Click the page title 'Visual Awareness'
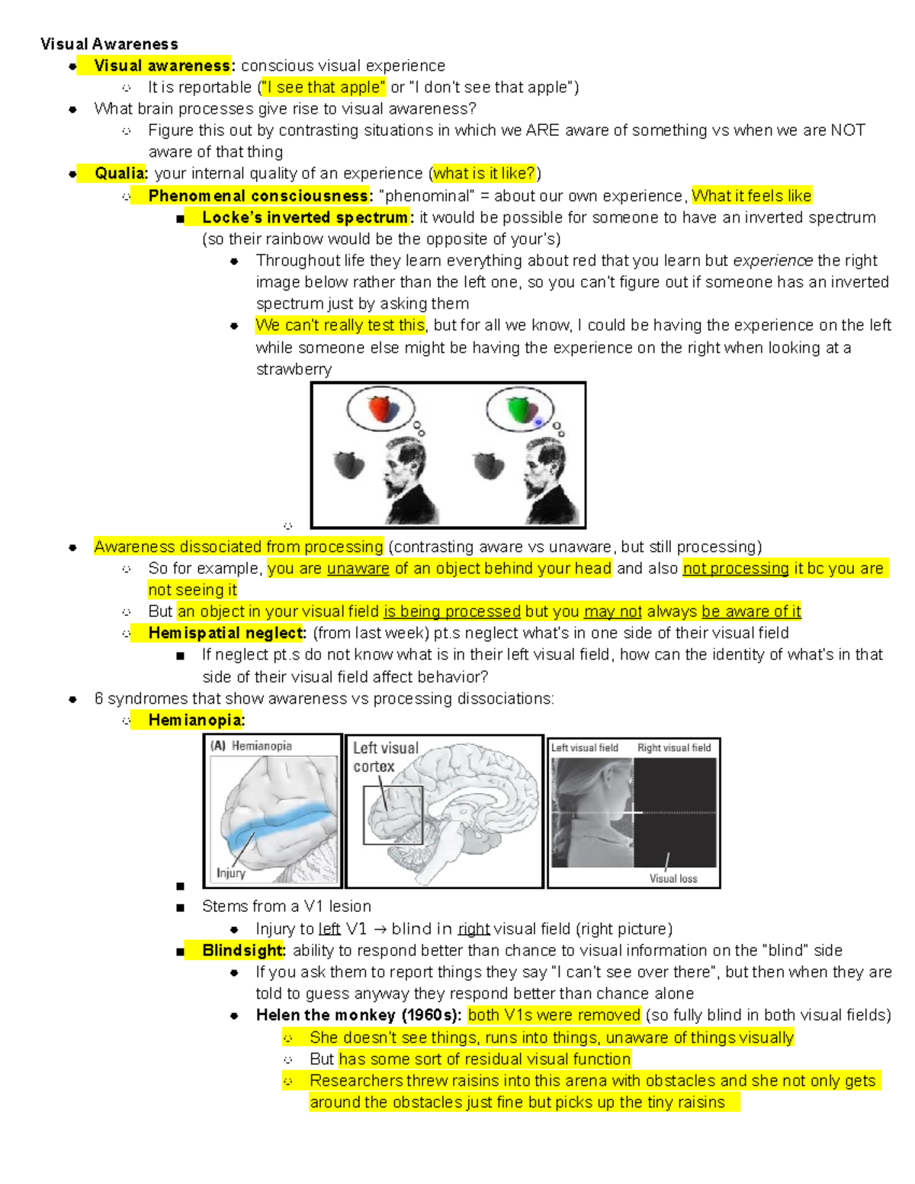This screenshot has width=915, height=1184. [109, 44]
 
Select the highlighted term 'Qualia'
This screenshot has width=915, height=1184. [120, 174]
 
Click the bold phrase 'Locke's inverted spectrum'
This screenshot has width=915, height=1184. [305, 217]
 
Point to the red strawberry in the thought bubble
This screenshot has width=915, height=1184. [380, 409]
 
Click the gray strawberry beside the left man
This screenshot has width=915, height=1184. [349, 464]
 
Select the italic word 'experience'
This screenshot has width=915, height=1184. [772, 261]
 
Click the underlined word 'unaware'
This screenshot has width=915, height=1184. [358, 569]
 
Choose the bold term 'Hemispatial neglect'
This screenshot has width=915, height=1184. [226, 633]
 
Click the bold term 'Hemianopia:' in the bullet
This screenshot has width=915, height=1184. [196, 720]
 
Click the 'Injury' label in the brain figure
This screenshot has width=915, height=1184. [230, 873]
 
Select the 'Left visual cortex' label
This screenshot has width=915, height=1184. [385, 757]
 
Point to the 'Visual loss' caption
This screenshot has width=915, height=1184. [673, 878]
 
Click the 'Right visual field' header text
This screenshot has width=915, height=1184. [673, 748]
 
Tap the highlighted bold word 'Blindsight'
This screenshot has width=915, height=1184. [242, 951]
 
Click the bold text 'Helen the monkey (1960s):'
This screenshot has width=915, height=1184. [358, 1015]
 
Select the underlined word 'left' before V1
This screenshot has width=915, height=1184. [329, 929]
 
